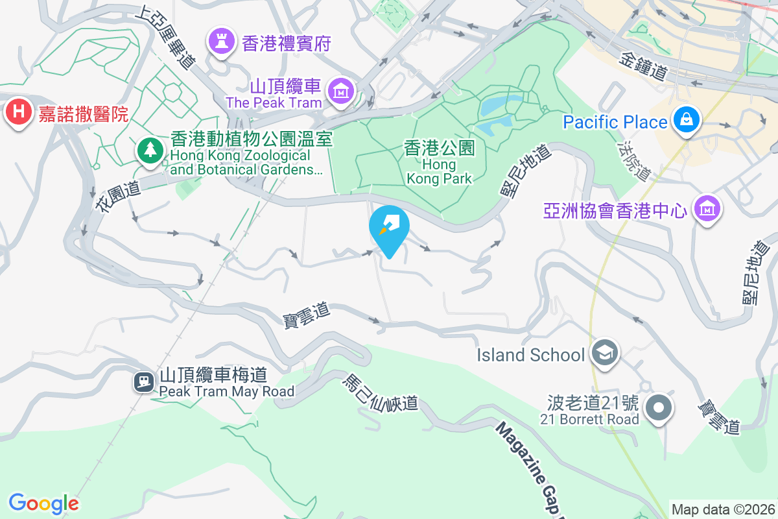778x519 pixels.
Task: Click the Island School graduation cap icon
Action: point(605,354)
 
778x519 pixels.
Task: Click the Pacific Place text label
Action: point(615,122)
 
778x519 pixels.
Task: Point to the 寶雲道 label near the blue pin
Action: point(307,315)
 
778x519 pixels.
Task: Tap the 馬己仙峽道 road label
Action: point(380,391)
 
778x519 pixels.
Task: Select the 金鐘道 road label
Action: point(644,66)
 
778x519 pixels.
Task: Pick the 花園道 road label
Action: point(118,197)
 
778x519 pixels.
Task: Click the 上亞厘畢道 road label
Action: point(165,38)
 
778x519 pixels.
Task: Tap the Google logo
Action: point(43,503)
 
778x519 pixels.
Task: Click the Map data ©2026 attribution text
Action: point(722,509)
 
